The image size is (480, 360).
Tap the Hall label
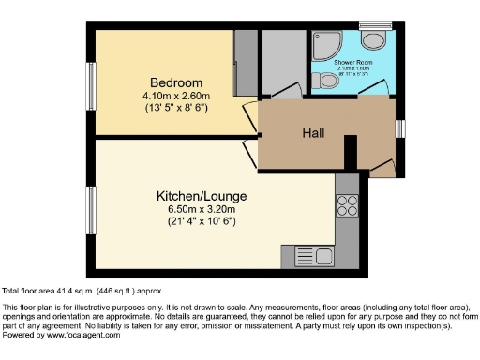(x=313, y=133)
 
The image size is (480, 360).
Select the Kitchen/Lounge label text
(x=201, y=196)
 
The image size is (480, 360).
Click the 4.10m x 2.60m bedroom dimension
(x=175, y=96)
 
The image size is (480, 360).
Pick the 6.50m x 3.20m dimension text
(x=201, y=208)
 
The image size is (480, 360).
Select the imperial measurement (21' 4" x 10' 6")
(x=201, y=220)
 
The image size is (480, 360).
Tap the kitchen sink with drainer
(x=314, y=255)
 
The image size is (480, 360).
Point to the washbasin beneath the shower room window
(x=374, y=39)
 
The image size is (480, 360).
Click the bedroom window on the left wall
(x=92, y=84)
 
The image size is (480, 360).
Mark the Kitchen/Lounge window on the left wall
(x=92, y=211)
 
